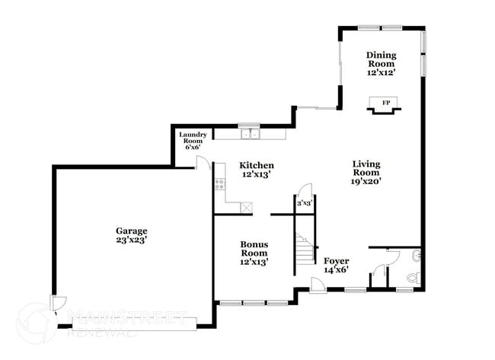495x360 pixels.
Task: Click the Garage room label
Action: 131,234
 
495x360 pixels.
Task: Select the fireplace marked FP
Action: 385,104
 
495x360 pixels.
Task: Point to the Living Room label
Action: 366,172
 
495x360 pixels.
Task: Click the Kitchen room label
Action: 257,170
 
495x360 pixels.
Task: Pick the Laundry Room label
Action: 193,140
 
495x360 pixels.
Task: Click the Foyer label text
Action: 336,265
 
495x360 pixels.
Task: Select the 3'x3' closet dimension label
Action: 305,203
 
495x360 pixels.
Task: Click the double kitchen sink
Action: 250,135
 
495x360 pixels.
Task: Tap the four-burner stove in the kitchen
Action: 219,183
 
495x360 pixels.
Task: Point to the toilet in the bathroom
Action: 413,278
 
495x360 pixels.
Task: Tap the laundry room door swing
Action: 203,161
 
